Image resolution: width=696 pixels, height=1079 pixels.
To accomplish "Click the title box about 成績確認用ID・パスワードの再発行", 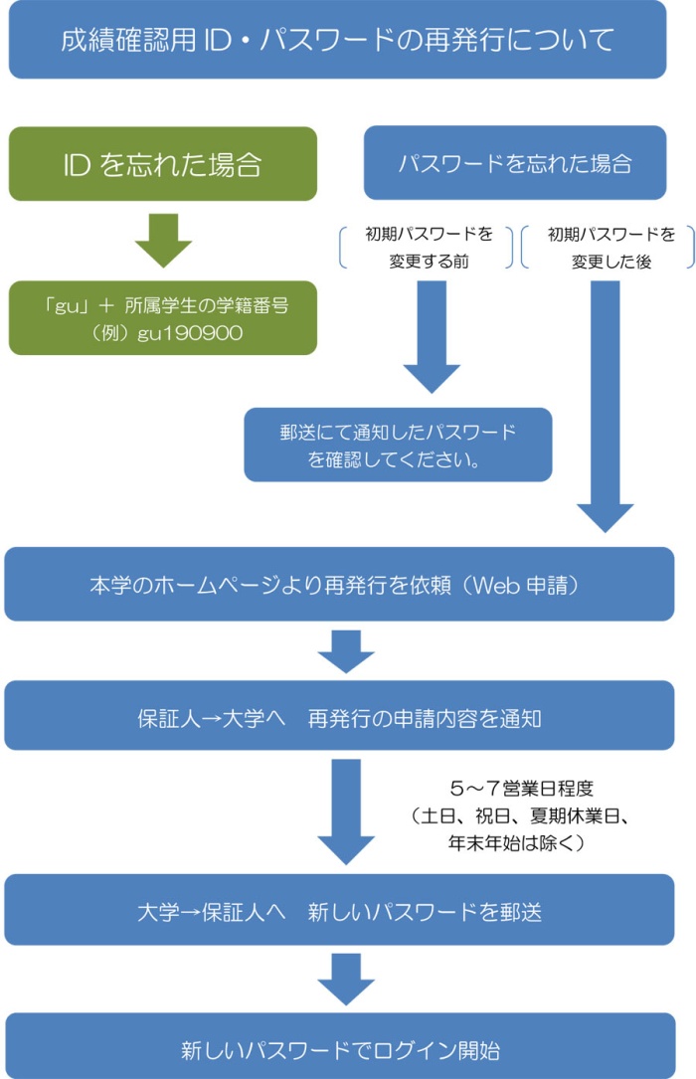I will [337, 40].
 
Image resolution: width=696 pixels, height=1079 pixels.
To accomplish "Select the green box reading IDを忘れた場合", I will [163, 163].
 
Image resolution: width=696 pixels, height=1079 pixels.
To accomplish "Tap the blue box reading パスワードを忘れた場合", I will [515, 163].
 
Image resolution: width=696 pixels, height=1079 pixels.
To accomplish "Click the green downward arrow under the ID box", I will [163, 239].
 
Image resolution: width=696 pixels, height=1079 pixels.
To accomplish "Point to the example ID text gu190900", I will [164, 332].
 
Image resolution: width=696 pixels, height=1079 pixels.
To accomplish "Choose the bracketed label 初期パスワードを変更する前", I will [429, 249].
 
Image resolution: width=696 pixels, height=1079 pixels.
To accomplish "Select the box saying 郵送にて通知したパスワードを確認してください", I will [398, 445].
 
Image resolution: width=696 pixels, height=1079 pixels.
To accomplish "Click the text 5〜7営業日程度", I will [522, 789].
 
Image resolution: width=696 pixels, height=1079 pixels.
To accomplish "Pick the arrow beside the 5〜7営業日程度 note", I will [346, 810].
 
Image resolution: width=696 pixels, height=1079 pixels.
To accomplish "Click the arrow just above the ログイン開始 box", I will [346, 980].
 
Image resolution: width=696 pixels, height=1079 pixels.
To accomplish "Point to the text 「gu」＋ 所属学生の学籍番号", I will [163, 306].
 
